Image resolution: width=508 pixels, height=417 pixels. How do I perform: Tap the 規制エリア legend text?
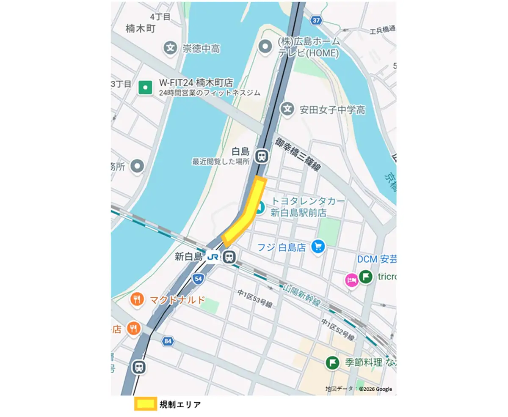pyautogui.click(x=180, y=404)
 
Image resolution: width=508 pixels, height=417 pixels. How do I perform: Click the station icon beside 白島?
pyautogui.click(x=262, y=156)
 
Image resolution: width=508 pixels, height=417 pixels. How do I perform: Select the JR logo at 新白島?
pyautogui.click(x=213, y=256)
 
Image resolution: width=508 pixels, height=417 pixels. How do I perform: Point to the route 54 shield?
pyautogui.click(x=198, y=278)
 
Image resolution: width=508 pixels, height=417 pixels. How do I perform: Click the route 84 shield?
pyautogui.click(x=168, y=340)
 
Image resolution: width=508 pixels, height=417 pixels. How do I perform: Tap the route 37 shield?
pyautogui.click(x=315, y=20)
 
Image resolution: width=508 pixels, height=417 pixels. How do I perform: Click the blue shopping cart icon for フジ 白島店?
pyautogui.click(x=318, y=247)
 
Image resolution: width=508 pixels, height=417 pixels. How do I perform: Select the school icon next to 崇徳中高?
pyautogui.click(x=170, y=48)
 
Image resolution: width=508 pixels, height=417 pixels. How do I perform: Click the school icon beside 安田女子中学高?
pyautogui.click(x=288, y=109)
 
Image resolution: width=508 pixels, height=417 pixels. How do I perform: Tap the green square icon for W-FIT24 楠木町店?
pyautogui.click(x=145, y=88)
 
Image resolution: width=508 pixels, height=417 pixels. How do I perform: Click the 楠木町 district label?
pyautogui.click(x=141, y=29)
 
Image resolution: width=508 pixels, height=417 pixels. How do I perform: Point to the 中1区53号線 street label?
pyautogui.click(x=254, y=299)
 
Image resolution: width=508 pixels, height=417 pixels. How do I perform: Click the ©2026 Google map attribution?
pyautogui.click(x=375, y=389)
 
